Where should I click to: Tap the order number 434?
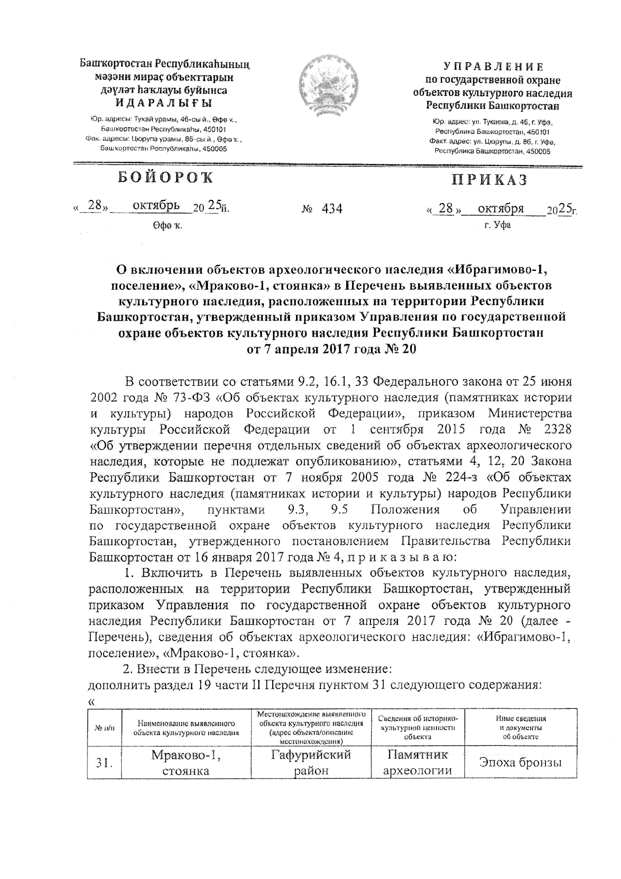tap(332, 209)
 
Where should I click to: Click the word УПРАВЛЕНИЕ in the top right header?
tap(493, 67)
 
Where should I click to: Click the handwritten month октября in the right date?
tap(500, 208)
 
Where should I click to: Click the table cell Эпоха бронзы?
tap(520, 762)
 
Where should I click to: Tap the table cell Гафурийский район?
tap(311, 762)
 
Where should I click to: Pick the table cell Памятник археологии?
tap(417, 762)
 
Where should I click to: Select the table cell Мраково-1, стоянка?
tap(185, 762)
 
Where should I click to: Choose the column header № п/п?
tap(105, 728)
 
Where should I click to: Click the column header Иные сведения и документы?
tap(520, 727)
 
